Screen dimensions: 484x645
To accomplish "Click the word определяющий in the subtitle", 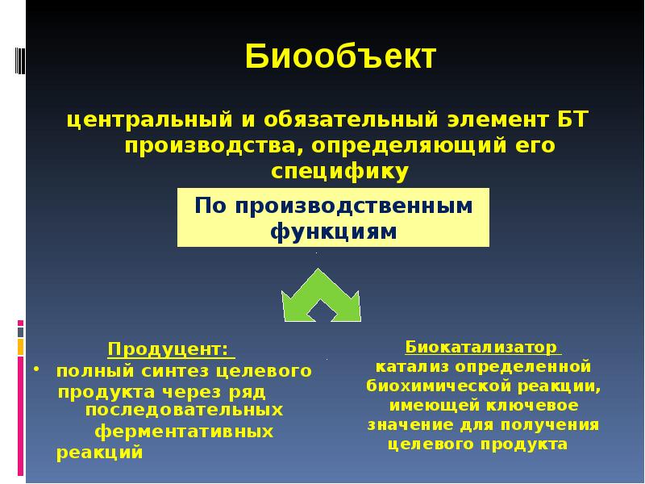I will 414,147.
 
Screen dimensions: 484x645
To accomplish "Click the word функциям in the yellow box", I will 333,232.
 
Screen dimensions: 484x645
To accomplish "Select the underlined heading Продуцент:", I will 170,349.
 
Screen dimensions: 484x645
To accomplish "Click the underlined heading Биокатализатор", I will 481,347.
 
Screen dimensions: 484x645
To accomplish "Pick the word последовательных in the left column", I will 189,410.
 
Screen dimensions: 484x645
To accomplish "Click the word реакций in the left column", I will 100,453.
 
